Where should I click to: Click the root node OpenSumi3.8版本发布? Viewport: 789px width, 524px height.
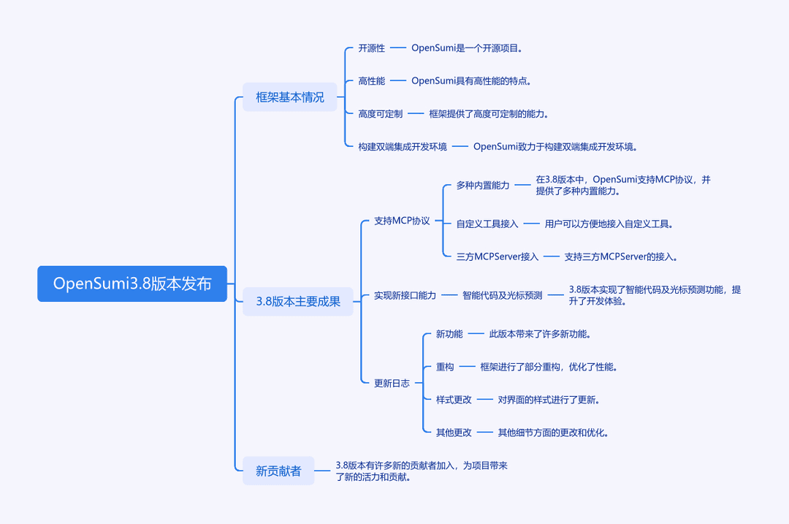tap(132, 284)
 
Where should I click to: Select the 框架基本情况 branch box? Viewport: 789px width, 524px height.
tap(290, 97)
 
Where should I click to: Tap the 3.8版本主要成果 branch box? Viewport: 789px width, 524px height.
tap(298, 302)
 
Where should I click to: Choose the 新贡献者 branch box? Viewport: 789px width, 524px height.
tap(278, 471)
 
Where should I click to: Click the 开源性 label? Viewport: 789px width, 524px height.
tap(371, 48)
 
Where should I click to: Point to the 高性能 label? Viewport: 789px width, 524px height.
tap(371, 81)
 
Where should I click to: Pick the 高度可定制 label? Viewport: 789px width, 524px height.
tap(381, 114)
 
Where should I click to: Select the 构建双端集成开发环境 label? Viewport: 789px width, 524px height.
tap(403, 147)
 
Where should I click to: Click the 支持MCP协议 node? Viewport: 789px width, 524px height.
tap(402, 221)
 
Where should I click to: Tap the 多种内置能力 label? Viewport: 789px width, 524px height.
tap(483, 186)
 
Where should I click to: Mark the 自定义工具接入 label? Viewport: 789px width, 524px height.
tap(487, 224)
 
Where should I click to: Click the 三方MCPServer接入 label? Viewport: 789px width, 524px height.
tap(498, 257)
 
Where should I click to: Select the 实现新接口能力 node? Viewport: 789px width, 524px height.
tap(405, 295)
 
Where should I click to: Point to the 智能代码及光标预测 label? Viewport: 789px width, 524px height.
tap(502, 295)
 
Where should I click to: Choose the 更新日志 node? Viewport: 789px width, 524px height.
tap(392, 384)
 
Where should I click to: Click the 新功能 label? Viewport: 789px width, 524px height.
tap(449, 334)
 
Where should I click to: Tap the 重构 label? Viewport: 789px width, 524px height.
tap(445, 367)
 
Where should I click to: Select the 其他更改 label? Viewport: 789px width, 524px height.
tap(454, 433)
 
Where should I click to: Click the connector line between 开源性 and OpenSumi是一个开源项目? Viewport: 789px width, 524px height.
tap(398, 48)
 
